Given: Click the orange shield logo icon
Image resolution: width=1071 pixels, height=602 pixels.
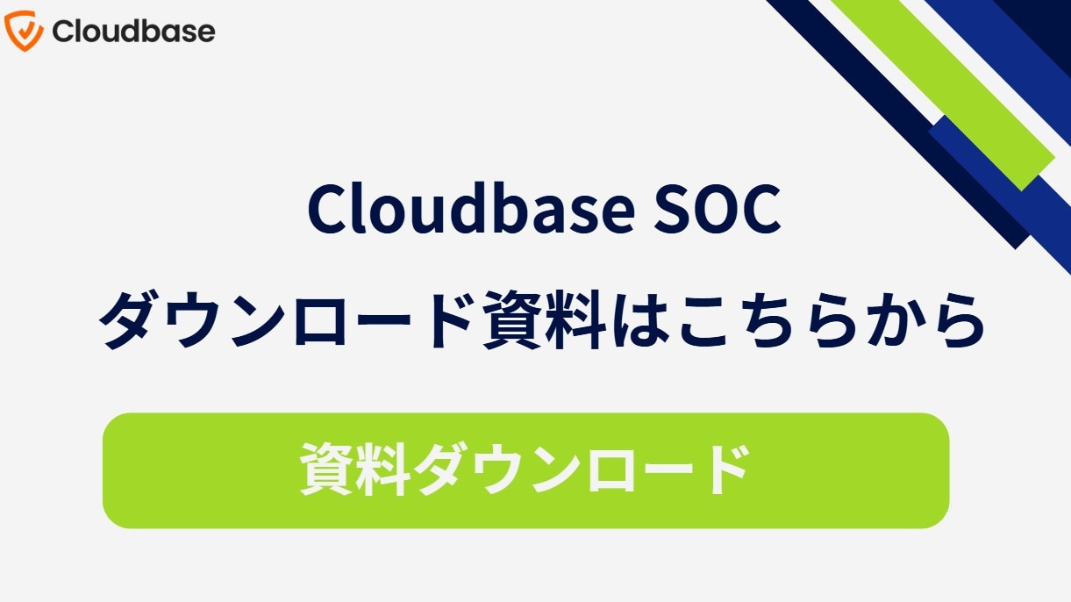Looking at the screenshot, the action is (24, 31).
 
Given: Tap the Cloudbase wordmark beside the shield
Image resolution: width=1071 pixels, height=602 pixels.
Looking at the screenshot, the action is (133, 31).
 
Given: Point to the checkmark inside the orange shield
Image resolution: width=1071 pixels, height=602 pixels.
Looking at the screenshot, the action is (24, 30).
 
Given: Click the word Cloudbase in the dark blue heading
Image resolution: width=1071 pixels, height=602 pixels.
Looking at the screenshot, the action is (471, 209).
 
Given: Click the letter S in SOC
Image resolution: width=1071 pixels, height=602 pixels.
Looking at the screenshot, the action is (672, 210).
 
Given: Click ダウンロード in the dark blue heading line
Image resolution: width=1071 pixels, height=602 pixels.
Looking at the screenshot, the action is (287, 319).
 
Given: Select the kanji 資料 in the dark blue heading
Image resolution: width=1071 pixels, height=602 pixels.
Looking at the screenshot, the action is (544, 319).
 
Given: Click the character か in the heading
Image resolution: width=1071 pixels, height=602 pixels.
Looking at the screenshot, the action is (889, 319).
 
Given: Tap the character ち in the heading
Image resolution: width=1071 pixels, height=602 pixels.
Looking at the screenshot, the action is (769, 319).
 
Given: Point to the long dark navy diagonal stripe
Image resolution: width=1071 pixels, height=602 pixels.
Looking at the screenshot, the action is (898, 125).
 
